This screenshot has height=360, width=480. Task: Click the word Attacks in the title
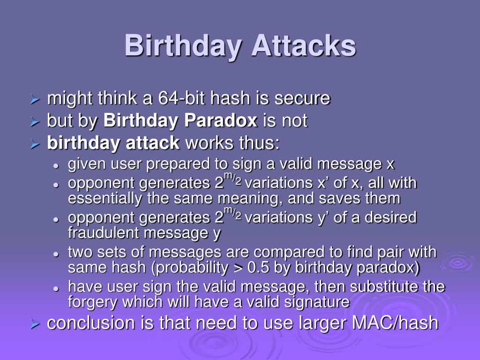[x=304, y=46]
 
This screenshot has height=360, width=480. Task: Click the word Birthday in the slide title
[x=183, y=46]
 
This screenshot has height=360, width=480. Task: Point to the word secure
[x=302, y=99]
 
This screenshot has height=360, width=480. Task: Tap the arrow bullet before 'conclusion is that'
[x=34, y=324]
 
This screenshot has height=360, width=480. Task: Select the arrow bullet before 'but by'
[x=34, y=122]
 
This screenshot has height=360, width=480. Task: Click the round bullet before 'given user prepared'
[x=56, y=165]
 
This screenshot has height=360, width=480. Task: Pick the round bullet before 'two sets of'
[x=56, y=254]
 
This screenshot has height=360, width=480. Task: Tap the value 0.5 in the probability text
[x=258, y=268]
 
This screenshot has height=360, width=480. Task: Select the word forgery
[x=93, y=302]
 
